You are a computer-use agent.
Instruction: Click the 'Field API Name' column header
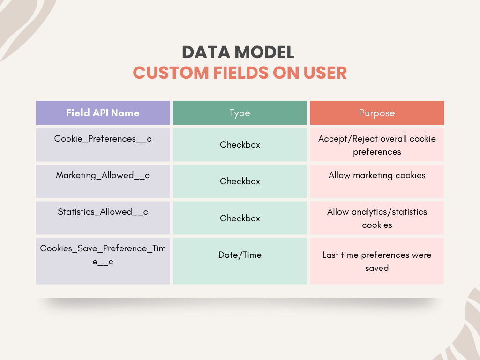[x=103, y=113]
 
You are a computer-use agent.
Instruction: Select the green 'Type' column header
[x=240, y=113]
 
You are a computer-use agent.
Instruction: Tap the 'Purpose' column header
[x=377, y=113]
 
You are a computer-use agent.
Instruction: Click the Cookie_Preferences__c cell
[x=103, y=139]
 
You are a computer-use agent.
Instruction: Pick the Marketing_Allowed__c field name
[x=103, y=175]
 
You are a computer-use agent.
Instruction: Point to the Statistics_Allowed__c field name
[x=103, y=212]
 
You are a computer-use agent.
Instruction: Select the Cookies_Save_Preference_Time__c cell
[x=103, y=255]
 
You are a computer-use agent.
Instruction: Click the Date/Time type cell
[x=240, y=255]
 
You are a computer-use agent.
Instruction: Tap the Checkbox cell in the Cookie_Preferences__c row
[x=240, y=145]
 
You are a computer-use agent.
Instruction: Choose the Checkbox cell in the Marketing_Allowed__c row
[x=240, y=181]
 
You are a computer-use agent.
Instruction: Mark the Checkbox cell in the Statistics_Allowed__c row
[x=240, y=218]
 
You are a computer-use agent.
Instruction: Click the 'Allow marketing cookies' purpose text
[x=377, y=175]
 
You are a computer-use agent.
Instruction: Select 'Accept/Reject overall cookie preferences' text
[x=377, y=145]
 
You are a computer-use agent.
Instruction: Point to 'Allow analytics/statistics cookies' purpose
[x=377, y=218]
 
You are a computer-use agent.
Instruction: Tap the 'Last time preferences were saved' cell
[x=377, y=261]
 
